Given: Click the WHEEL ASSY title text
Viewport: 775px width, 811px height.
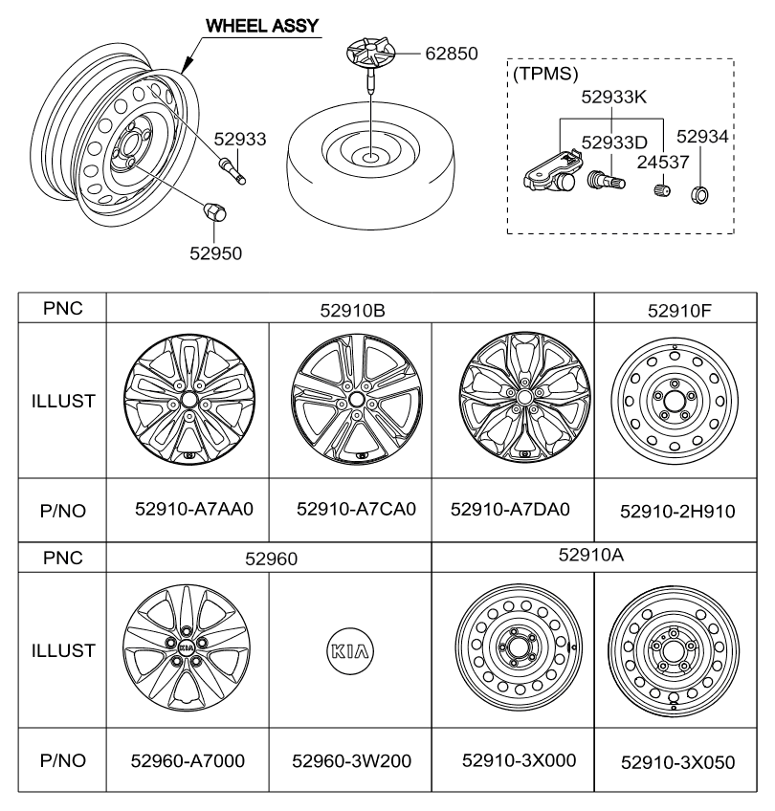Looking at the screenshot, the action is (x=262, y=26).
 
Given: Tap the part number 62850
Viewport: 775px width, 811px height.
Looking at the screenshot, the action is (x=452, y=54).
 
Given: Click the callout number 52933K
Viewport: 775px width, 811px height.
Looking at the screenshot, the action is (x=613, y=97).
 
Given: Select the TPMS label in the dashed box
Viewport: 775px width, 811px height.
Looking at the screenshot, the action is (x=545, y=74).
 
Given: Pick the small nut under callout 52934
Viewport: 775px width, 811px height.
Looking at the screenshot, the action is (x=699, y=194).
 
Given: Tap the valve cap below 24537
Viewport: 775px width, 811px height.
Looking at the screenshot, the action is (x=662, y=189).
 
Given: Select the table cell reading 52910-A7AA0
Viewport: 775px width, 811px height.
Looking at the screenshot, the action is (x=194, y=509).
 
